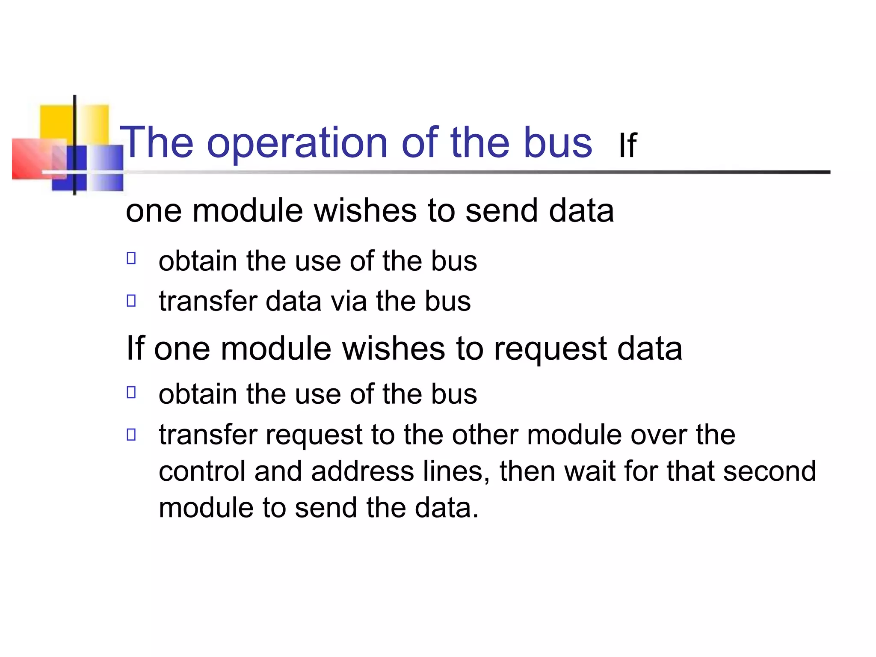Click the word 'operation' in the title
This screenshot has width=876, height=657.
point(297,143)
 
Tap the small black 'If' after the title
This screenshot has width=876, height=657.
point(627,146)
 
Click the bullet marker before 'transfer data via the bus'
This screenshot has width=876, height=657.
point(131,301)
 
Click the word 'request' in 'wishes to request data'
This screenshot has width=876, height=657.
point(550,349)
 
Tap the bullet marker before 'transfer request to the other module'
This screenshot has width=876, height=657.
point(131,435)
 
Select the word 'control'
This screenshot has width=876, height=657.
point(202,471)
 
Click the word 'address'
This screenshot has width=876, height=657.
point(362,471)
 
